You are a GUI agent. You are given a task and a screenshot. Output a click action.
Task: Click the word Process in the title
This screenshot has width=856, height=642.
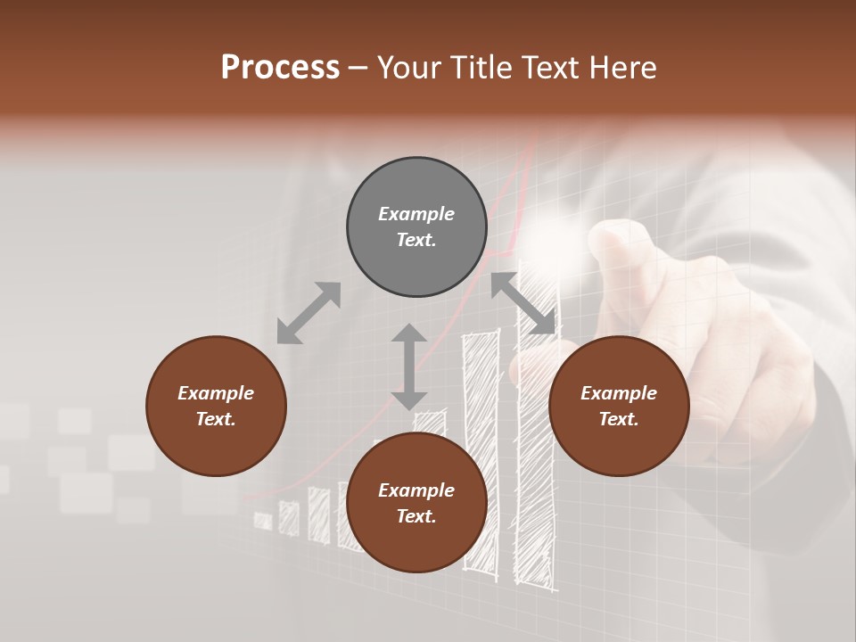[x=280, y=68]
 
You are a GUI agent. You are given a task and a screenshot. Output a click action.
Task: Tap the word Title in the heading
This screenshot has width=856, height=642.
[x=480, y=68]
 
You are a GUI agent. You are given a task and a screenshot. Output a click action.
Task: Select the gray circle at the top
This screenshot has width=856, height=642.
[x=416, y=227]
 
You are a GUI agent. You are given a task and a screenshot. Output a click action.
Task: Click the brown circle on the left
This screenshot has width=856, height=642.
[x=216, y=406]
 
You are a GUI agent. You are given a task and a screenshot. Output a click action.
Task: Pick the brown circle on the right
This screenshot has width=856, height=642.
[x=619, y=406]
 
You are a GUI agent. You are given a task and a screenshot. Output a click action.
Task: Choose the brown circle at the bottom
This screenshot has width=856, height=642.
[x=416, y=503]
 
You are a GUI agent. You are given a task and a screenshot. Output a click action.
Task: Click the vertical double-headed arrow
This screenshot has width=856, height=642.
[x=409, y=366]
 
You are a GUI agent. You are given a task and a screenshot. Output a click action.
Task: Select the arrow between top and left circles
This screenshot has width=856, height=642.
[x=309, y=313]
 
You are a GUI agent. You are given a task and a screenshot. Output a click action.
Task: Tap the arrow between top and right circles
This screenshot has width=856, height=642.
[x=523, y=304]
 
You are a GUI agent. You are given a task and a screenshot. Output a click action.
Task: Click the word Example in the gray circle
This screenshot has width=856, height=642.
[x=416, y=214]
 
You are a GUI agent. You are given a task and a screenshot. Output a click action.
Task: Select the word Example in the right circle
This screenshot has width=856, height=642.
[x=619, y=393]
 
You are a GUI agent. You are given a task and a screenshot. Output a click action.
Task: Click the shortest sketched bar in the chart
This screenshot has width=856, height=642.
[x=263, y=521]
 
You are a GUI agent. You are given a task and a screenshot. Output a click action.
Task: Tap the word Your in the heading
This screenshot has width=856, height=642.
[x=408, y=68]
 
